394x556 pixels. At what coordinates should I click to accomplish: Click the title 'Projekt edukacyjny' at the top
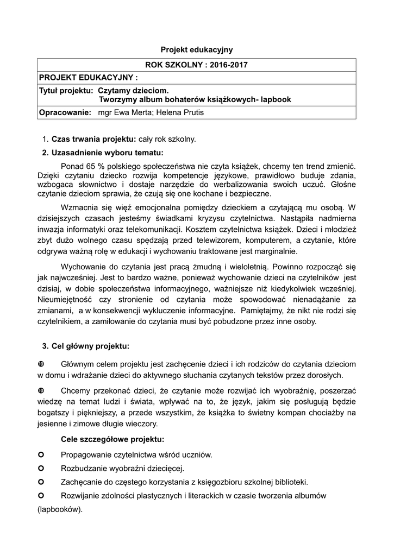click(x=197, y=49)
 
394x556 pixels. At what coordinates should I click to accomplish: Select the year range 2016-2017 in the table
click(x=224, y=65)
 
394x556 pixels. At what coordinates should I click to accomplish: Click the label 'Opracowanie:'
click(x=65, y=112)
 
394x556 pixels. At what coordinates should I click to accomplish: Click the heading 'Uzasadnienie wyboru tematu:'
click(x=107, y=152)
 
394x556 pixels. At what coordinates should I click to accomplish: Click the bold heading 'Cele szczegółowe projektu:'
click(x=112, y=439)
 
